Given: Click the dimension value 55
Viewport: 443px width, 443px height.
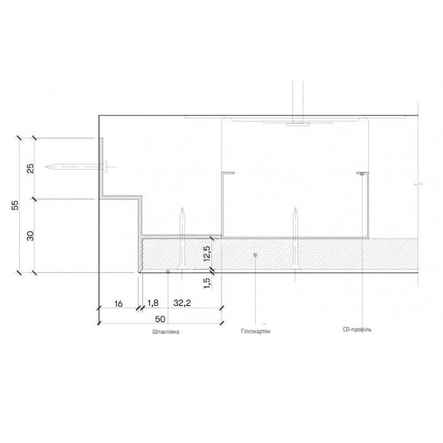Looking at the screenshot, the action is [16, 205].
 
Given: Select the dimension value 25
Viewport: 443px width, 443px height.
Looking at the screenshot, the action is [30, 168].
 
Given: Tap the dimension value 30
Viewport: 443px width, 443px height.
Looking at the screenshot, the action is [30, 236].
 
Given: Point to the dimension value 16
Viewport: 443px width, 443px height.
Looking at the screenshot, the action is [118, 304].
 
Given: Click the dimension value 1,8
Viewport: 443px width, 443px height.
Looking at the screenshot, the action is [153, 303].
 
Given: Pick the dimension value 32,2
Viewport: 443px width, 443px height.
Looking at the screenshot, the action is [182, 303].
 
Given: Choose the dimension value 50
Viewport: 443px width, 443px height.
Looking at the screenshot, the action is [160, 319].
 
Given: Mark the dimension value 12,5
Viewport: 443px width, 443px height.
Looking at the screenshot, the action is [207, 253].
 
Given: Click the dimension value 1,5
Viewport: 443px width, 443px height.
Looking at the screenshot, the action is [207, 283].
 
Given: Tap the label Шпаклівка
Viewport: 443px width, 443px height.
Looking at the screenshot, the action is [166, 332].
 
